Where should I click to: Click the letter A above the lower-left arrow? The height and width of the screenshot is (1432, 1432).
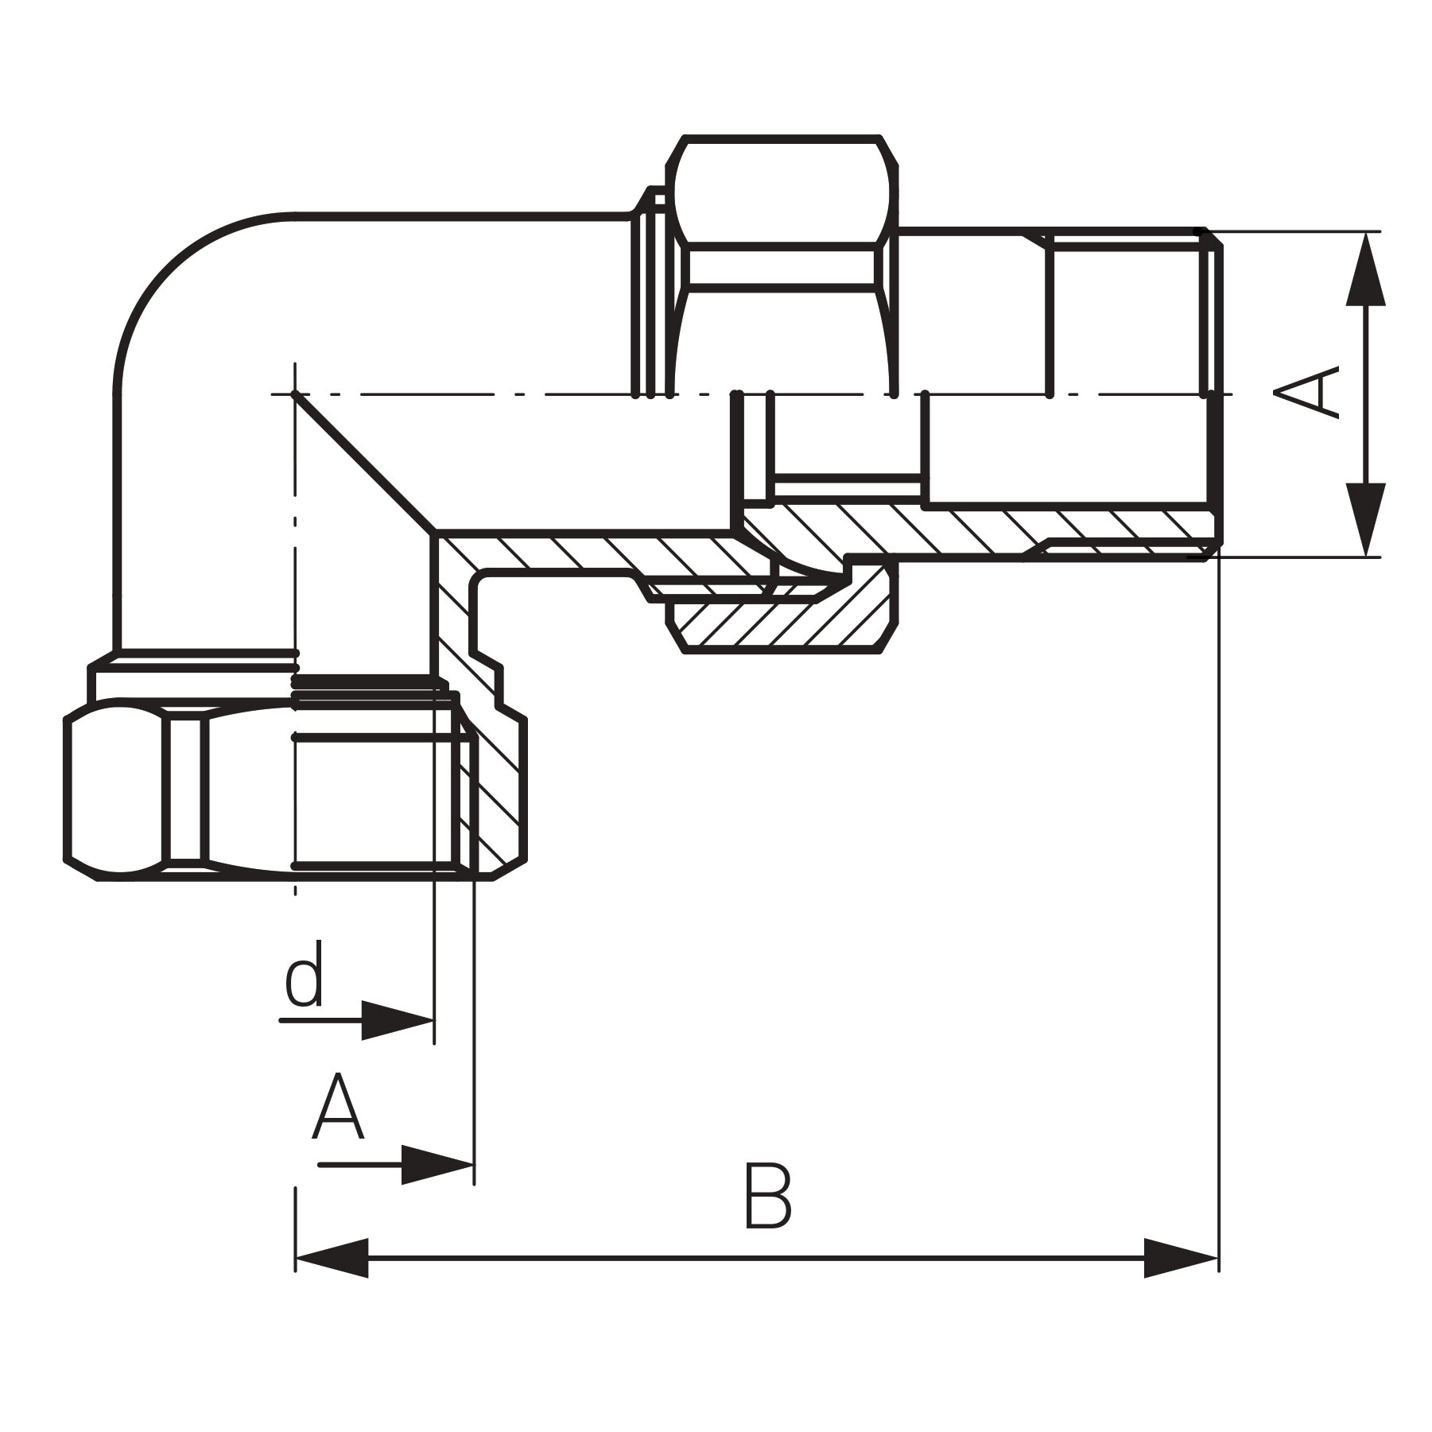point(338,1107)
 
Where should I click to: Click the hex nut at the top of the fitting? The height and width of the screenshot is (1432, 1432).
point(783,191)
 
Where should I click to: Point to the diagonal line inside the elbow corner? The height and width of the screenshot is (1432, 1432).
point(362,461)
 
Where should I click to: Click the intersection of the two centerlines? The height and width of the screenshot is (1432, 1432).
point(295,394)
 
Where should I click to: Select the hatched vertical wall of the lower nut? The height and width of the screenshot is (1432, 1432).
point(497,787)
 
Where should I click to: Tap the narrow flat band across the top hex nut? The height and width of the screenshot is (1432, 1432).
point(783,267)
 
